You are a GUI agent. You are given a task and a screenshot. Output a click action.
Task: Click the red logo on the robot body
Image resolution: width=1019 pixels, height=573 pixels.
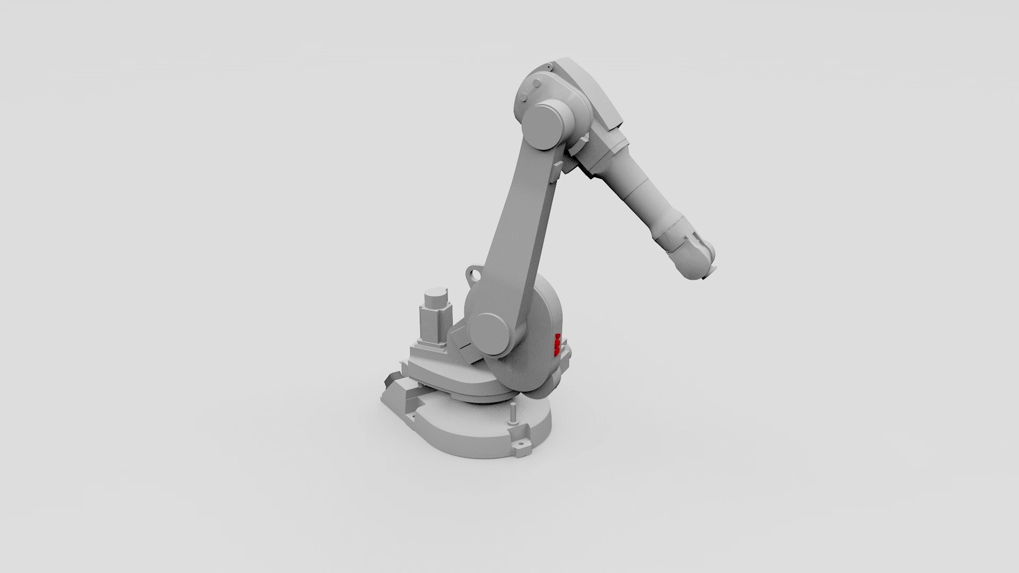[x=557, y=344]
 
